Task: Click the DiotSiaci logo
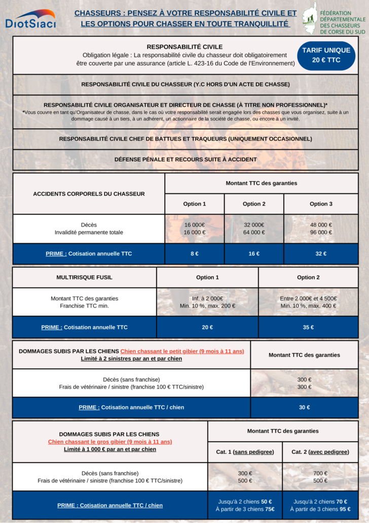click(30, 19)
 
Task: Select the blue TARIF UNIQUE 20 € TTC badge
click(326, 55)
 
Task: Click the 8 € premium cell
click(194, 254)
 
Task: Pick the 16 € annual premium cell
click(254, 254)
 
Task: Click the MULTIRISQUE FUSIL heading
click(84, 277)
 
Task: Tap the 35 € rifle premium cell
click(308, 328)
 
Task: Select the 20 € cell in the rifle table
click(207, 328)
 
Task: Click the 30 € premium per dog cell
click(304, 407)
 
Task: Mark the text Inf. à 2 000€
click(207, 299)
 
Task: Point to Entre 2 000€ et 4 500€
click(308, 299)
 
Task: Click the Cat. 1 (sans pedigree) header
click(245, 452)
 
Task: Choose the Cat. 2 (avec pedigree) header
click(320, 452)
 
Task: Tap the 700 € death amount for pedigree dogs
click(320, 473)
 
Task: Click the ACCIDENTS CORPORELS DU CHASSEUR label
click(89, 193)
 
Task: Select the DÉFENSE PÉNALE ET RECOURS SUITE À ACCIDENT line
click(186, 159)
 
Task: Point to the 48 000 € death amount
click(321, 225)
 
